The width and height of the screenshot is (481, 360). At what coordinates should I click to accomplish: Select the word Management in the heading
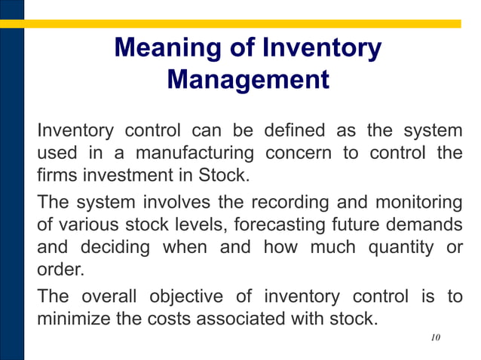pyautogui.click(x=247, y=79)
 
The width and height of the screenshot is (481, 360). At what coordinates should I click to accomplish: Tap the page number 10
pyautogui.click(x=435, y=338)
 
